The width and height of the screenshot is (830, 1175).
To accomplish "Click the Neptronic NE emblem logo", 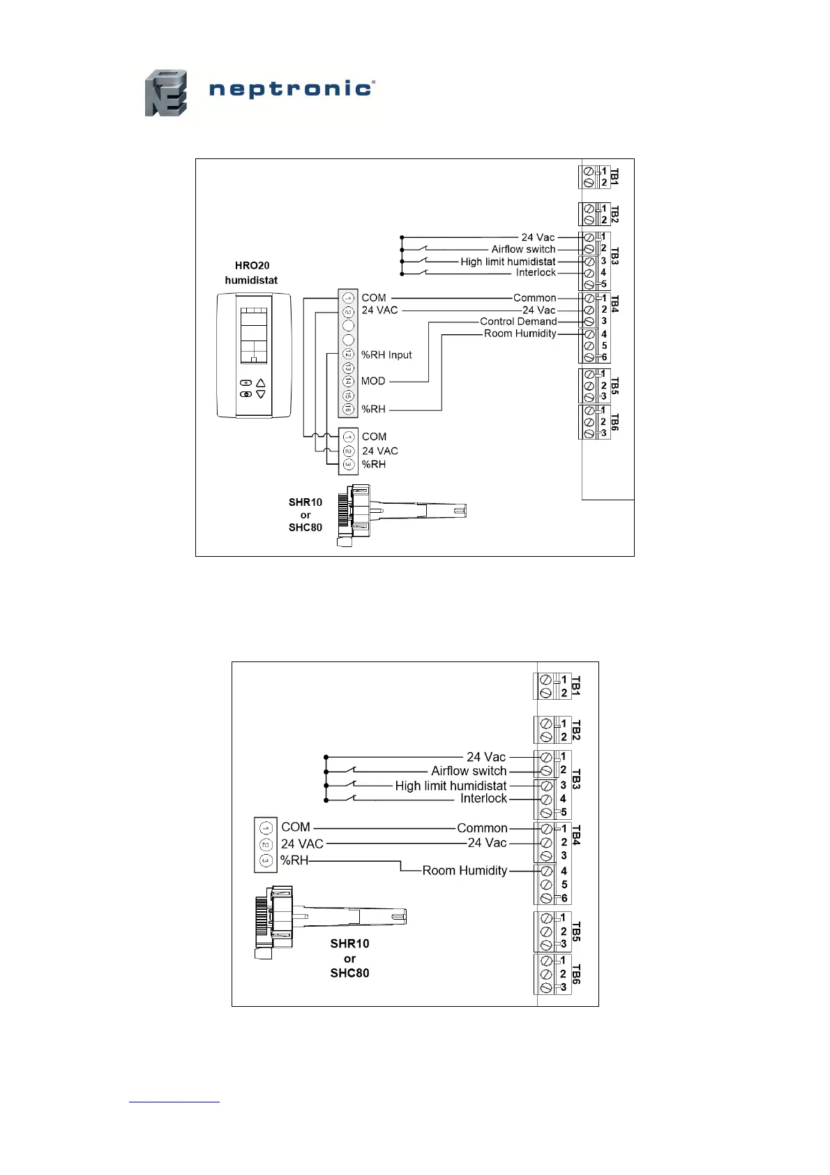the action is click(x=166, y=93).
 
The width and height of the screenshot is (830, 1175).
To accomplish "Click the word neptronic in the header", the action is click(x=292, y=89).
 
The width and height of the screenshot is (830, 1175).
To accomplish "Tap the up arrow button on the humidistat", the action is click(x=261, y=382).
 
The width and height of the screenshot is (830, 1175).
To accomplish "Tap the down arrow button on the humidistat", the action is click(x=261, y=394).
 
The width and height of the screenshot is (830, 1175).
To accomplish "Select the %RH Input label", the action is click(x=386, y=355).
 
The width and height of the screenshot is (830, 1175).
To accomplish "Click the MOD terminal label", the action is click(x=373, y=381).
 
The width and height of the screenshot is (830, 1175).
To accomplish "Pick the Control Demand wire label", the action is click(x=518, y=322).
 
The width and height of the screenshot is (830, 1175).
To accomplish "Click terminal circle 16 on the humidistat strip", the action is click(x=348, y=409).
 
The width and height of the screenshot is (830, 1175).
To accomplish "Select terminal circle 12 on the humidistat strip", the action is click(x=348, y=354).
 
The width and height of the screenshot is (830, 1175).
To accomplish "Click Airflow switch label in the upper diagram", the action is click(x=523, y=249).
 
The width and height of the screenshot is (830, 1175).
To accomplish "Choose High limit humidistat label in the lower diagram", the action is click(x=451, y=786).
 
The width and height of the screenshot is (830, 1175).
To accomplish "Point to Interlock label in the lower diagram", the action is click(x=483, y=798).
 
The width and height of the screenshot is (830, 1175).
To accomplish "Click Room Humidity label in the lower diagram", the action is click(x=465, y=870).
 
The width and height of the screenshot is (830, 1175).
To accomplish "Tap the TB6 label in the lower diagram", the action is click(x=576, y=974).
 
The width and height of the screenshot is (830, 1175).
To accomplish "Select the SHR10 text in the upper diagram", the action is click(x=305, y=502).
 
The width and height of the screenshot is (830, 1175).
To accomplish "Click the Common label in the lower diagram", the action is click(x=482, y=828).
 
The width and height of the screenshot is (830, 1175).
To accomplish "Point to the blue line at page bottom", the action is click(x=174, y=1102).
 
